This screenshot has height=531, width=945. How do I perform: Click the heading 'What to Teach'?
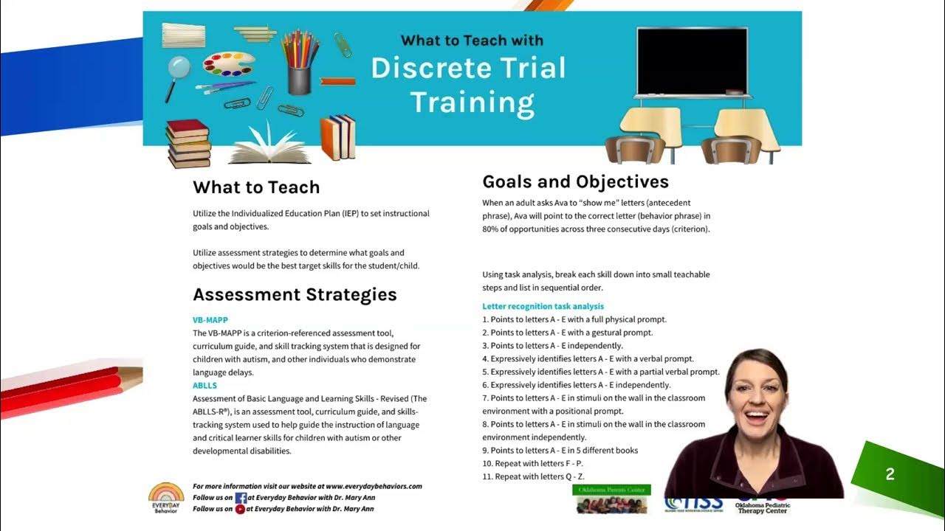pyautogui.click(x=256, y=187)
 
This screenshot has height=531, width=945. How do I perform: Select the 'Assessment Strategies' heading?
pyautogui.click(x=295, y=295)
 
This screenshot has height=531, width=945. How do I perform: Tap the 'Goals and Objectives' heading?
pyautogui.click(x=575, y=182)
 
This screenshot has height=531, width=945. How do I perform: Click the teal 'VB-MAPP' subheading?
pyautogui.click(x=210, y=320)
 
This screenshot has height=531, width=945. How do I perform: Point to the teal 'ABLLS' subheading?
pyautogui.click(x=205, y=386)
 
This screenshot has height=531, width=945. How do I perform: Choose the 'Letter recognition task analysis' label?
pyautogui.click(x=543, y=306)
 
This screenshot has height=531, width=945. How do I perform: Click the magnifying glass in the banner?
pyautogui.click(x=178, y=71)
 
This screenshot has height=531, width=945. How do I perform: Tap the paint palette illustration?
pyautogui.click(x=229, y=63)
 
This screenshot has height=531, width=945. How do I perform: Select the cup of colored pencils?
pyautogui.click(x=300, y=62)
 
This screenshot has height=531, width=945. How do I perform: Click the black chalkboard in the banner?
pyautogui.click(x=692, y=62)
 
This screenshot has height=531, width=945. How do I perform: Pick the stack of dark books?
pyautogui.click(x=188, y=143)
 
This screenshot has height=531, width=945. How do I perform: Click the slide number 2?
pyautogui.click(x=890, y=475)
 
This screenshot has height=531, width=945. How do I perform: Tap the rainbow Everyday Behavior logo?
pyautogui.click(x=166, y=497)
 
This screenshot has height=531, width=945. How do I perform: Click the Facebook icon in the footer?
pyautogui.click(x=241, y=498)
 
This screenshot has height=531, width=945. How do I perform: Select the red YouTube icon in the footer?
pyautogui.click(x=241, y=509)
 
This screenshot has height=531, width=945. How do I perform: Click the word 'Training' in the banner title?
pyautogui.click(x=472, y=103)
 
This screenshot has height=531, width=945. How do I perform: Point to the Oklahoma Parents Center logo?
pyautogui.click(x=611, y=499)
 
